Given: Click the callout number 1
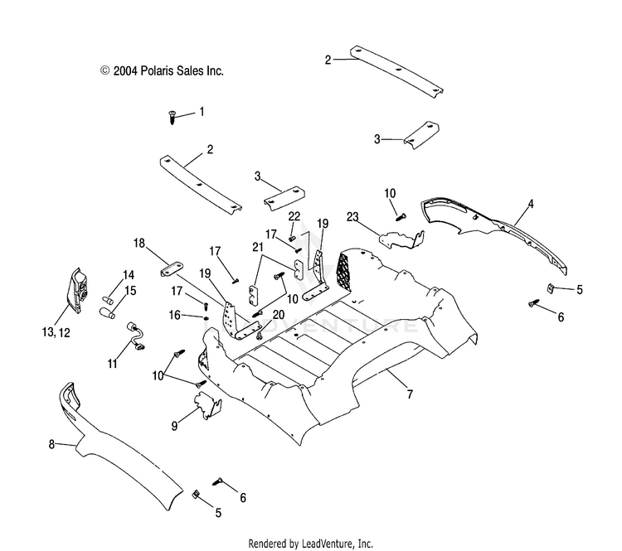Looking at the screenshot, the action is click(202, 112).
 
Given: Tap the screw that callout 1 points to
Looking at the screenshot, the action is click(173, 118).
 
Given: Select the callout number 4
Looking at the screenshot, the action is click(531, 205).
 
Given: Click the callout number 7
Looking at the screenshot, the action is click(410, 394).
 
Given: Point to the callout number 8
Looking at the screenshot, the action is click(51, 445).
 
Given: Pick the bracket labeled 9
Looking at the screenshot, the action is click(208, 405).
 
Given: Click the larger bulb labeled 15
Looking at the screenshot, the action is click(107, 312).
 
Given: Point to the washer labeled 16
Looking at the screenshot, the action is click(206, 318).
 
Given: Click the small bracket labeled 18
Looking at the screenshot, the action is click(173, 269).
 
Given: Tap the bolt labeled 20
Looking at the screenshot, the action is click(259, 336).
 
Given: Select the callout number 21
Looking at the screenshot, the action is click(258, 248).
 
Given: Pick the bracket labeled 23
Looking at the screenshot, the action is click(402, 239).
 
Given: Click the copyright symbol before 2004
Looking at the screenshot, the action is click(104, 71).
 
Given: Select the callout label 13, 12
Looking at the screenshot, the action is click(56, 332).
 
